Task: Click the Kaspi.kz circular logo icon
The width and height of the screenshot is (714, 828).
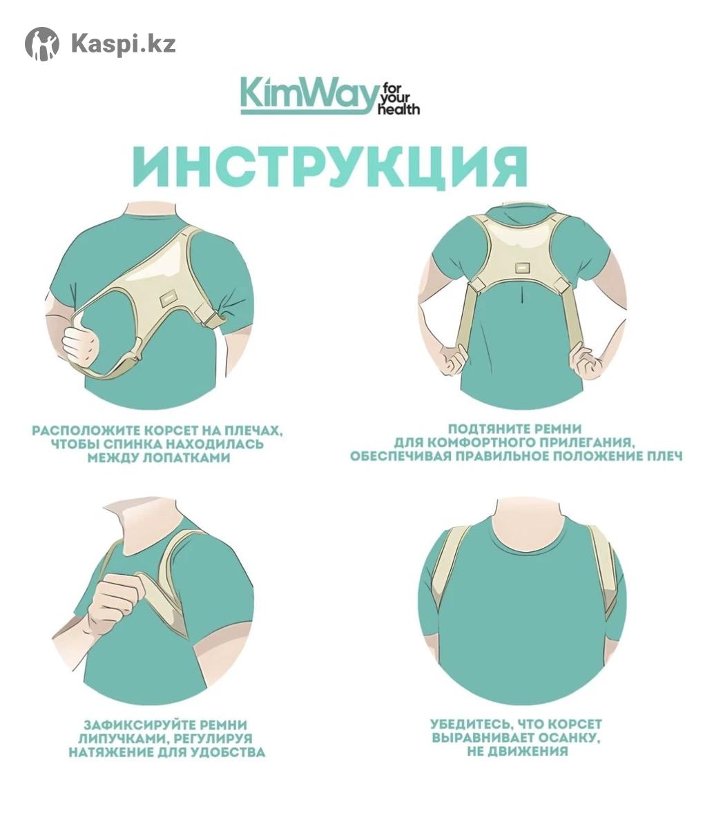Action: tap(42, 43)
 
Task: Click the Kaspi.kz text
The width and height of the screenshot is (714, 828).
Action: tap(124, 43)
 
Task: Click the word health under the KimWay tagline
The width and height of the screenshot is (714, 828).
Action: tap(398, 109)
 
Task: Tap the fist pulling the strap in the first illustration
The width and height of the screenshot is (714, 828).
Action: tap(81, 344)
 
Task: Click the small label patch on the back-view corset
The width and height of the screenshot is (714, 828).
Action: tap(522, 266)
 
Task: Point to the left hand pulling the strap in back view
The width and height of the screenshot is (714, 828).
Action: tap(454, 359)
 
